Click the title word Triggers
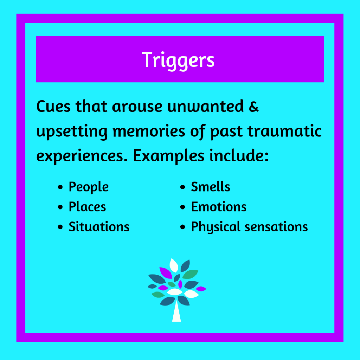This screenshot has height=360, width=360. [x=178, y=60]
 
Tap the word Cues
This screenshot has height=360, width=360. [x=53, y=107]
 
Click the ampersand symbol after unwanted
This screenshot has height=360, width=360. [x=253, y=107]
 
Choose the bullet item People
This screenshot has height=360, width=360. [x=89, y=187]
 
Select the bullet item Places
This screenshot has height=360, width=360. [x=87, y=207]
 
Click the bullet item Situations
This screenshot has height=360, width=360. [x=99, y=227]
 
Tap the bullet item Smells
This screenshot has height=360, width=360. [x=211, y=187]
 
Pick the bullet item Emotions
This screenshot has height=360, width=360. [x=219, y=207]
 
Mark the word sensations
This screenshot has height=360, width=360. [x=274, y=227]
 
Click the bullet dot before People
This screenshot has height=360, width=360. [x=60, y=187]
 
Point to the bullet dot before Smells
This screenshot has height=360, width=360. [x=182, y=187]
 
